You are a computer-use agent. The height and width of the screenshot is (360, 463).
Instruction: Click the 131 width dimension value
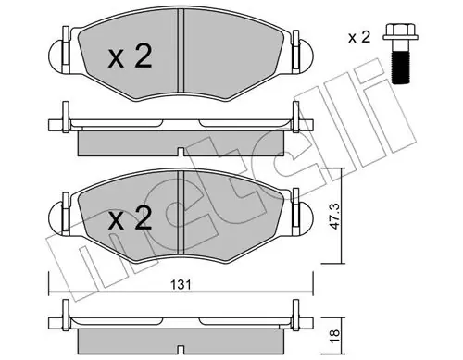(181, 285)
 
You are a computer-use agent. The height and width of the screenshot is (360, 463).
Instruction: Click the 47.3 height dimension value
(334, 217)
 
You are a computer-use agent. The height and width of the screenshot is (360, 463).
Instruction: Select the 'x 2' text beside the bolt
(359, 38)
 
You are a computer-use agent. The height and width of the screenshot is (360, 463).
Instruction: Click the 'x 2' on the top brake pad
(130, 56)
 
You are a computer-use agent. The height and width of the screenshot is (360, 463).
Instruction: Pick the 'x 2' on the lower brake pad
(130, 218)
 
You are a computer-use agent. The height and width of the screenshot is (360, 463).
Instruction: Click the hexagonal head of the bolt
(401, 31)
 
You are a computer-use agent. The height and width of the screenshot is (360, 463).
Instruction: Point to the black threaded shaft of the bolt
(401, 68)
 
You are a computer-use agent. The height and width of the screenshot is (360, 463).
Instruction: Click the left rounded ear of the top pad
(56, 56)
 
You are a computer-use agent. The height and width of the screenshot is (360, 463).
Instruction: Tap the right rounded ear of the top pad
(306, 56)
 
